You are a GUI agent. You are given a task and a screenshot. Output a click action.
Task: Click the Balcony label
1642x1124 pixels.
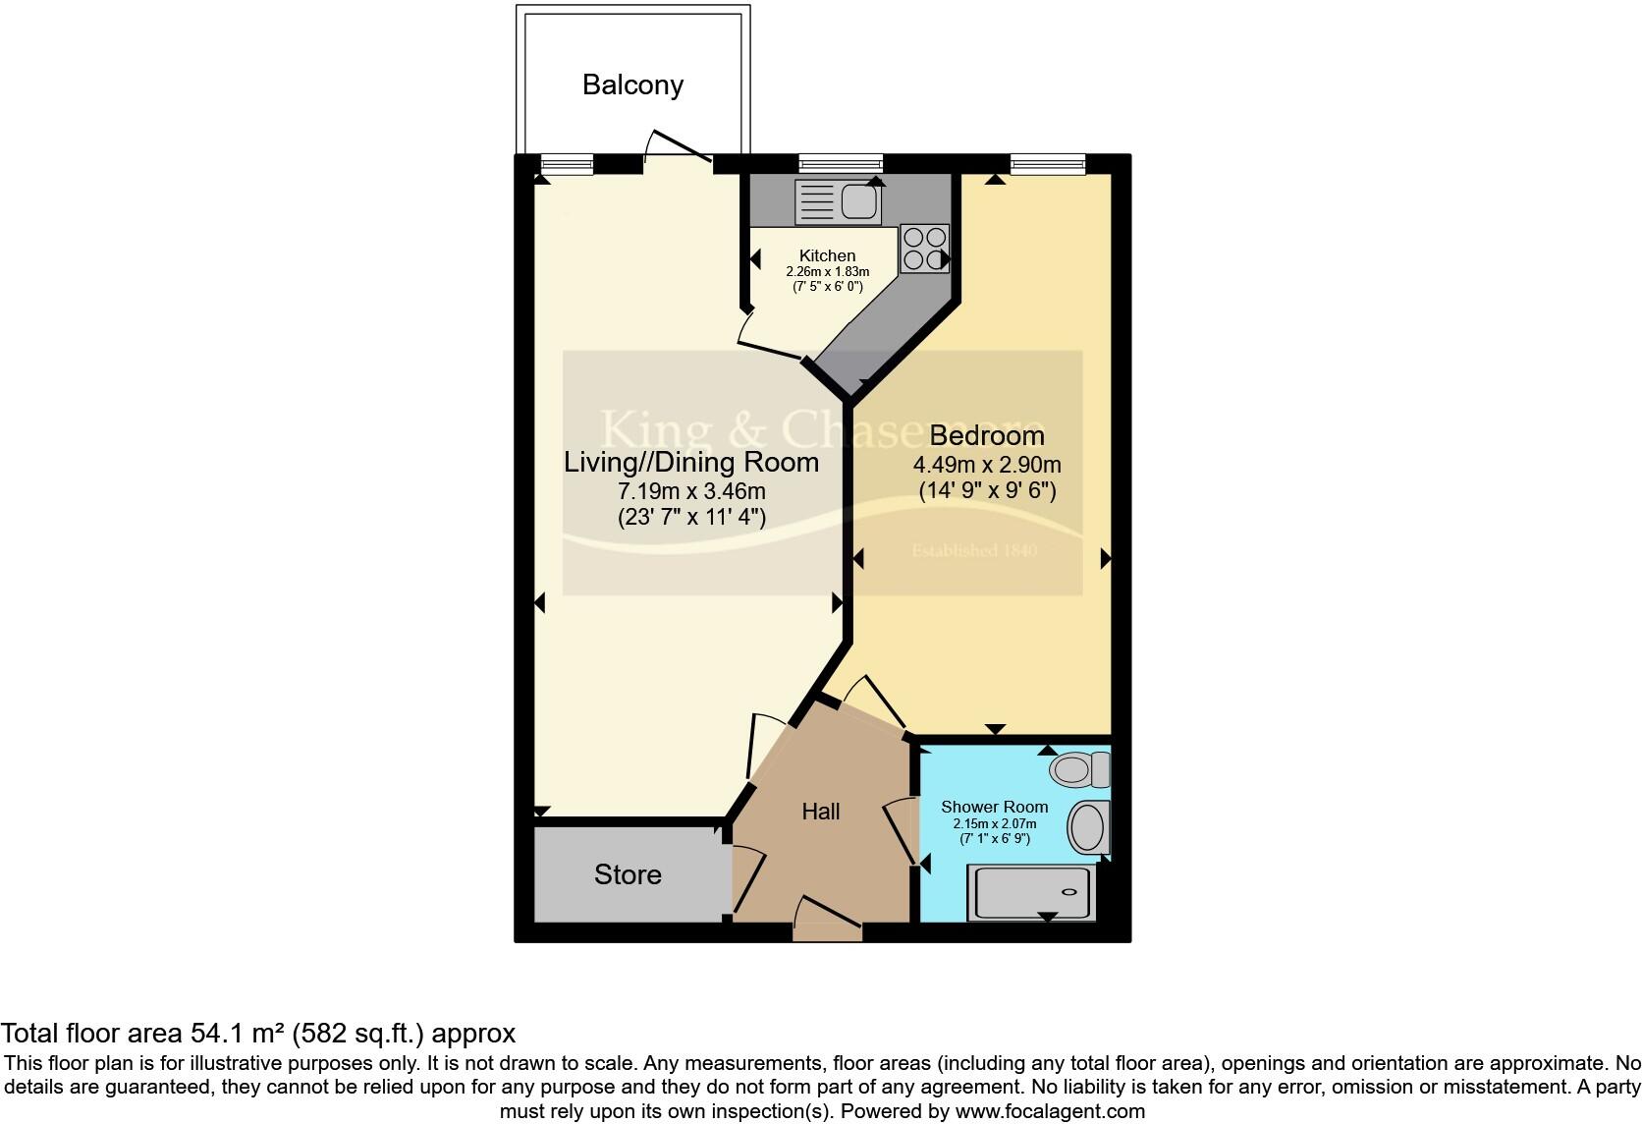(632, 84)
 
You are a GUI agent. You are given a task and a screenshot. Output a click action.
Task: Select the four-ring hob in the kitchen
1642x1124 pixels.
(924, 248)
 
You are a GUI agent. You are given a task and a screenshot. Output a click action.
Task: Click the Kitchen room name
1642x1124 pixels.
(827, 255)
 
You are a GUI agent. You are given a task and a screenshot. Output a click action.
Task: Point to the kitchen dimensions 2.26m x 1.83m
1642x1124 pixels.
(827, 271)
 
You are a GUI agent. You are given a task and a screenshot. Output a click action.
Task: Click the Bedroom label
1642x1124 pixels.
(986, 435)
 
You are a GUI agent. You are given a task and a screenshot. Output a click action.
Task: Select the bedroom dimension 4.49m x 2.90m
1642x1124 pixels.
(986, 465)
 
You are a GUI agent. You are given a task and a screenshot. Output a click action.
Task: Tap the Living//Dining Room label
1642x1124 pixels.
(690, 462)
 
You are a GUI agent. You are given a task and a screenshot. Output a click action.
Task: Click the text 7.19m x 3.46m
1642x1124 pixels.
(690, 490)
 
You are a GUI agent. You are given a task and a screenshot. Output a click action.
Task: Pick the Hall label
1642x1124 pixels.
(820, 812)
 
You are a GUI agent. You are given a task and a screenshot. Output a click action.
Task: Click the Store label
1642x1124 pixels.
(628, 874)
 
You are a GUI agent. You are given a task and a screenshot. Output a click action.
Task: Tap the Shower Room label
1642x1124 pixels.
(994, 807)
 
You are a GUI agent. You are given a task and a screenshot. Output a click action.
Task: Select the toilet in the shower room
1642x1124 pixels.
(1078, 769)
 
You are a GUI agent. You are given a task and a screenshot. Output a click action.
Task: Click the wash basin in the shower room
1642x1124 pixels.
(1087, 826)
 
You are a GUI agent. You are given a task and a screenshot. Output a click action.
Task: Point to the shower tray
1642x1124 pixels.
(1029, 892)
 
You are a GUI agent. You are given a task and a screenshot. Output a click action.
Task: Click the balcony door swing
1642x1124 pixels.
(678, 147)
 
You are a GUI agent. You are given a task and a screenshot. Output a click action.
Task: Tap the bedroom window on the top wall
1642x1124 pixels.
(1048, 164)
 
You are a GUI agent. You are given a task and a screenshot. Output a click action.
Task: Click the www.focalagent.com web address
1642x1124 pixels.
(1050, 1112)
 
